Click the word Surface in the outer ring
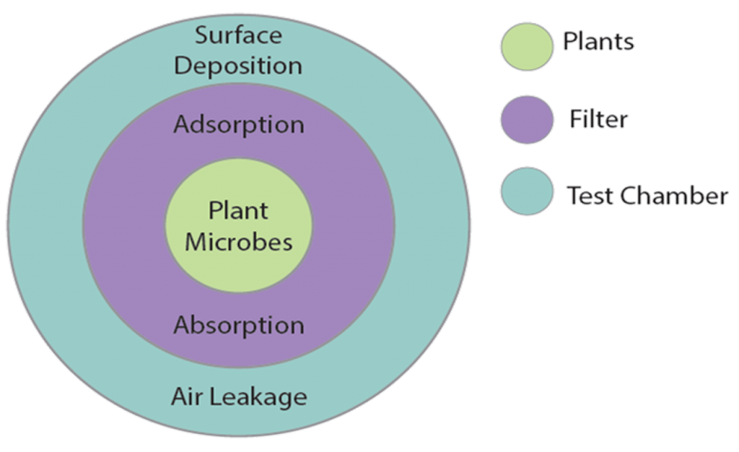(x=239, y=35)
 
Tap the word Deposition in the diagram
(x=239, y=66)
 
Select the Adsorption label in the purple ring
(x=239, y=124)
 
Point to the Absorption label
(x=239, y=325)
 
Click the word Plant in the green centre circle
(x=239, y=210)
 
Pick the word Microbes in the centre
(x=239, y=241)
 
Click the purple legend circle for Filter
(x=526, y=119)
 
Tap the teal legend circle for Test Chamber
(x=526, y=191)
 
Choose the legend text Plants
(x=598, y=42)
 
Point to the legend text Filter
(x=597, y=119)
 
